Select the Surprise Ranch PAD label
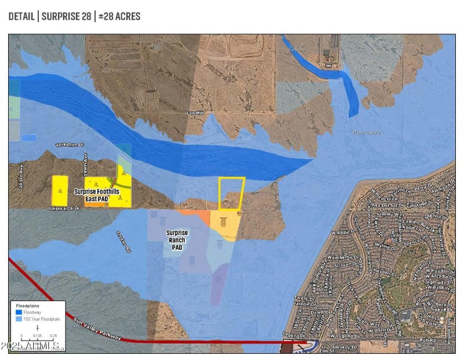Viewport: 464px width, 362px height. tap(177, 239)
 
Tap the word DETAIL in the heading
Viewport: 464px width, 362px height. tap(21, 16)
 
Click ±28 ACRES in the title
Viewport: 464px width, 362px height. tap(119, 16)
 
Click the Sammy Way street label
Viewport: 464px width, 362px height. tap(386, 214)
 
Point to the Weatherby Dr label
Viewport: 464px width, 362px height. tap(345, 257)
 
